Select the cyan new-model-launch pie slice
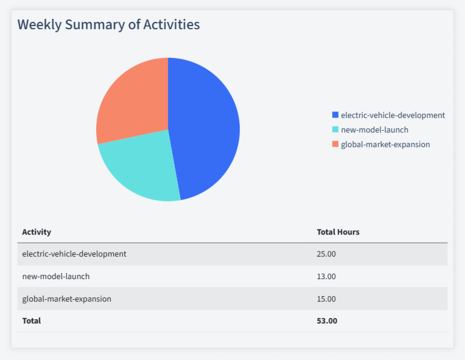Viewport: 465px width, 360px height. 143,170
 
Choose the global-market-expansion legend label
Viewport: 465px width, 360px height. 385,144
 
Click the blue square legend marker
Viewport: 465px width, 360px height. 335,115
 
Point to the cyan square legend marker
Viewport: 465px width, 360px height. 335,130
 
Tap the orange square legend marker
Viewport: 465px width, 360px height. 335,144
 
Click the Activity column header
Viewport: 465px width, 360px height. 37,232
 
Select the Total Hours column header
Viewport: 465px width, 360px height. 338,232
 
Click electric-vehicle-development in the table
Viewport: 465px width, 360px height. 74,254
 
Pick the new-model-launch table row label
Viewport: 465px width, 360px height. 56,276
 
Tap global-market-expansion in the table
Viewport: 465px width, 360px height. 67,299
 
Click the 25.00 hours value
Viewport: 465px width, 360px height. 326,254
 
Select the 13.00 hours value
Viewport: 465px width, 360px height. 326,276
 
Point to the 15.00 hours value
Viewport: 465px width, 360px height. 326,299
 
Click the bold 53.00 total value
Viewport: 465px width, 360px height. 327,320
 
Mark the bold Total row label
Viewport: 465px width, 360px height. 32,320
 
